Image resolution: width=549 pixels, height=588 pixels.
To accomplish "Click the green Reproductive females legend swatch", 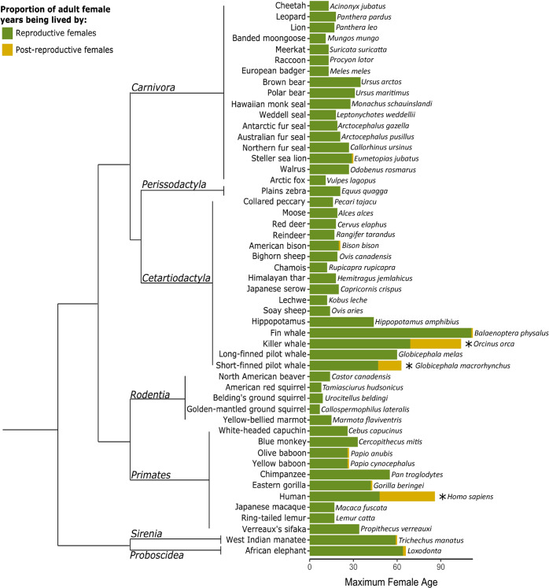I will [x=8, y=33].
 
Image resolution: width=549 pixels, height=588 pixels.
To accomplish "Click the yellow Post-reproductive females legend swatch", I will [x=8, y=50].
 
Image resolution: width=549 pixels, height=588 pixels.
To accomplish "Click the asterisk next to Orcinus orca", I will [x=469, y=345].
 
